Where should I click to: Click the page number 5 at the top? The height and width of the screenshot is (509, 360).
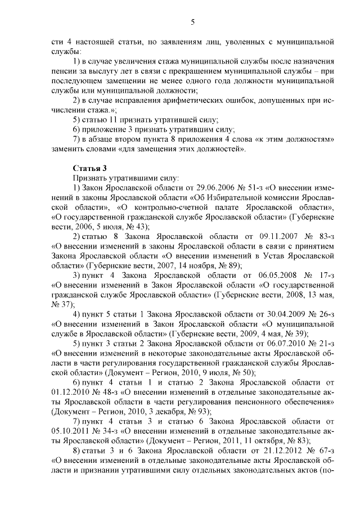click(192, 22)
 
